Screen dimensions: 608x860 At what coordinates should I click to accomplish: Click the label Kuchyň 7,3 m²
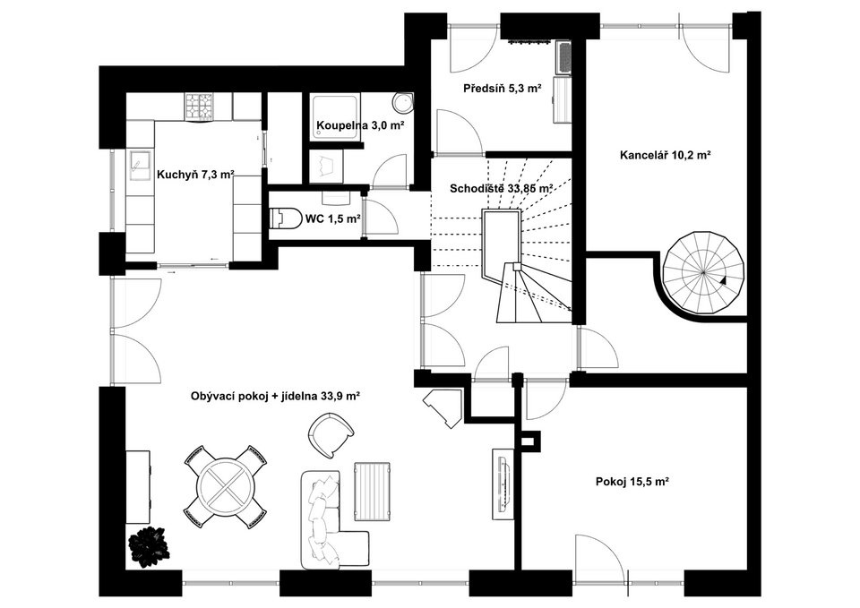(195, 175)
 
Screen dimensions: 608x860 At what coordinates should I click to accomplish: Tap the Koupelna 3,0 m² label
(359, 126)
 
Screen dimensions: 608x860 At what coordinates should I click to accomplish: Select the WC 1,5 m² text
(332, 218)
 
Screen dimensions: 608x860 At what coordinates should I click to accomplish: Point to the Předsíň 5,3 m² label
(502, 89)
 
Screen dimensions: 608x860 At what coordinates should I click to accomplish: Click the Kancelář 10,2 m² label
(665, 155)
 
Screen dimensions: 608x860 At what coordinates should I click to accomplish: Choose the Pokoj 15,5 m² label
(633, 482)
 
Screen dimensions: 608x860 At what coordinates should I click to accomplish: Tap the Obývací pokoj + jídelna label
(275, 396)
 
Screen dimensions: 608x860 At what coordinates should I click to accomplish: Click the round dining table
(227, 487)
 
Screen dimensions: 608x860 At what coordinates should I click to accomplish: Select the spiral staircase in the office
(703, 272)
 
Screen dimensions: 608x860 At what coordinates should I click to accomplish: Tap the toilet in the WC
(286, 218)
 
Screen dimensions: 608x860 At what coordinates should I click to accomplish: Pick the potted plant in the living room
(147, 543)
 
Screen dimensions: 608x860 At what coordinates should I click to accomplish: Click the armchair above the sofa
(331, 437)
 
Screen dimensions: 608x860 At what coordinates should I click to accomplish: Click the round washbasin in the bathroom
(404, 101)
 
